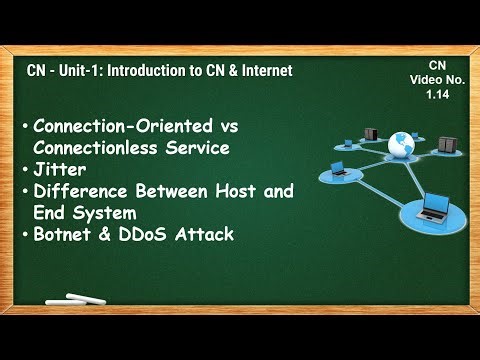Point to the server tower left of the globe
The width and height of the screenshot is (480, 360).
[370, 133]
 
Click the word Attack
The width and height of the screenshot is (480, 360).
[206, 234]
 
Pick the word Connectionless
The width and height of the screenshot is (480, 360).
[94, 147]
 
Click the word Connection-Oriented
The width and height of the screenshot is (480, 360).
[118, 125]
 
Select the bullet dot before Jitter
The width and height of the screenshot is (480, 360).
[24, 170]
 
